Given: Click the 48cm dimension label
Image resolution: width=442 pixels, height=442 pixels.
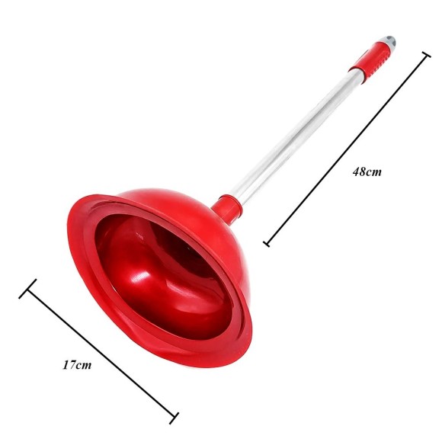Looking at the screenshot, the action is click(x=367, y=171).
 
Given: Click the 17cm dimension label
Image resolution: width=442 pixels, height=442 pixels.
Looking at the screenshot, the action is click(x=77, y=365).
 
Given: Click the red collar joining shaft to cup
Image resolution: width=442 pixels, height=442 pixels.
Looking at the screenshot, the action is click(x=226, y=208).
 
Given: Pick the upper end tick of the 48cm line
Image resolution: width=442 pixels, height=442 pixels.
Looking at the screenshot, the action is click(x=426, y=54).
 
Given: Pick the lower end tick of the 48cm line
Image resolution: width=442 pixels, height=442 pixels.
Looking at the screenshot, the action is click(x=267, y=244).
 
